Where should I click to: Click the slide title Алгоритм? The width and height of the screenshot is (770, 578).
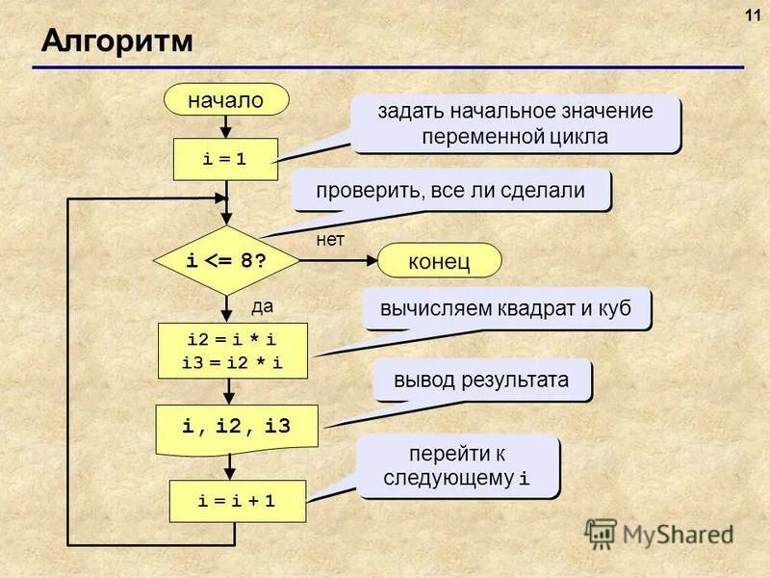[116, 41]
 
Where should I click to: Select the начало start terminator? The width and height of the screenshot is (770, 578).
[225, 99]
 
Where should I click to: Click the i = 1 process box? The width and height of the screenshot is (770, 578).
[225, 159]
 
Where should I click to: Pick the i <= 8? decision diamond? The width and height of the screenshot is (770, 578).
[226, 260]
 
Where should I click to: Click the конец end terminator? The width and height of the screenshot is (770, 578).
[439, 260]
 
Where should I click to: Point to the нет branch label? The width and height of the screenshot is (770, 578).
[330, 241]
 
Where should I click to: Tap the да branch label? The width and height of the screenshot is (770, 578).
[263, 306]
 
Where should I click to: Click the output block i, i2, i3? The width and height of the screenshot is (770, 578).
[237, 425]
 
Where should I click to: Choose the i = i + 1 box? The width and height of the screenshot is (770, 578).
[237, 502]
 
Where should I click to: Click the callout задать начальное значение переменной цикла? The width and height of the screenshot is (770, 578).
[515, 123]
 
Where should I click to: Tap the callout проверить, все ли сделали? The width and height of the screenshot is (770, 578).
[450, 191]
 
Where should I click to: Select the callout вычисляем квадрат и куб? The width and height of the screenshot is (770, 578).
[506, 310]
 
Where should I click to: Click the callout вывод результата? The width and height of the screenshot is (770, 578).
[481, 381]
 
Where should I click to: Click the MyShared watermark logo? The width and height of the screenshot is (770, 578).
[659, 533]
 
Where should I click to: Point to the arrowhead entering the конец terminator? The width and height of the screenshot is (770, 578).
[372, 260]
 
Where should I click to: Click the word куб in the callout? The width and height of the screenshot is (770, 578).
[614, 310]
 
